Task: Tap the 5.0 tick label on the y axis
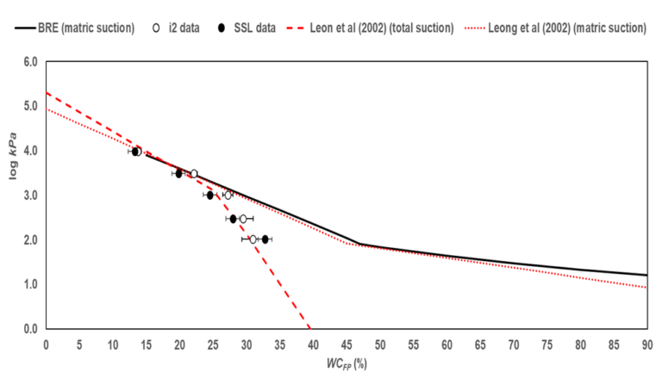coord(30,107)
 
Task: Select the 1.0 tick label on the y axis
coord(30,284)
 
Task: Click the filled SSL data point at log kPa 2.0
coord(265,239)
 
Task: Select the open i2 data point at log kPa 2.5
coord(243,219)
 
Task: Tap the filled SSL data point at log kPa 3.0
coord(209,196)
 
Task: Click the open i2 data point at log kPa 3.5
coord(194,174)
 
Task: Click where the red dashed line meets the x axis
coord(309,328)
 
